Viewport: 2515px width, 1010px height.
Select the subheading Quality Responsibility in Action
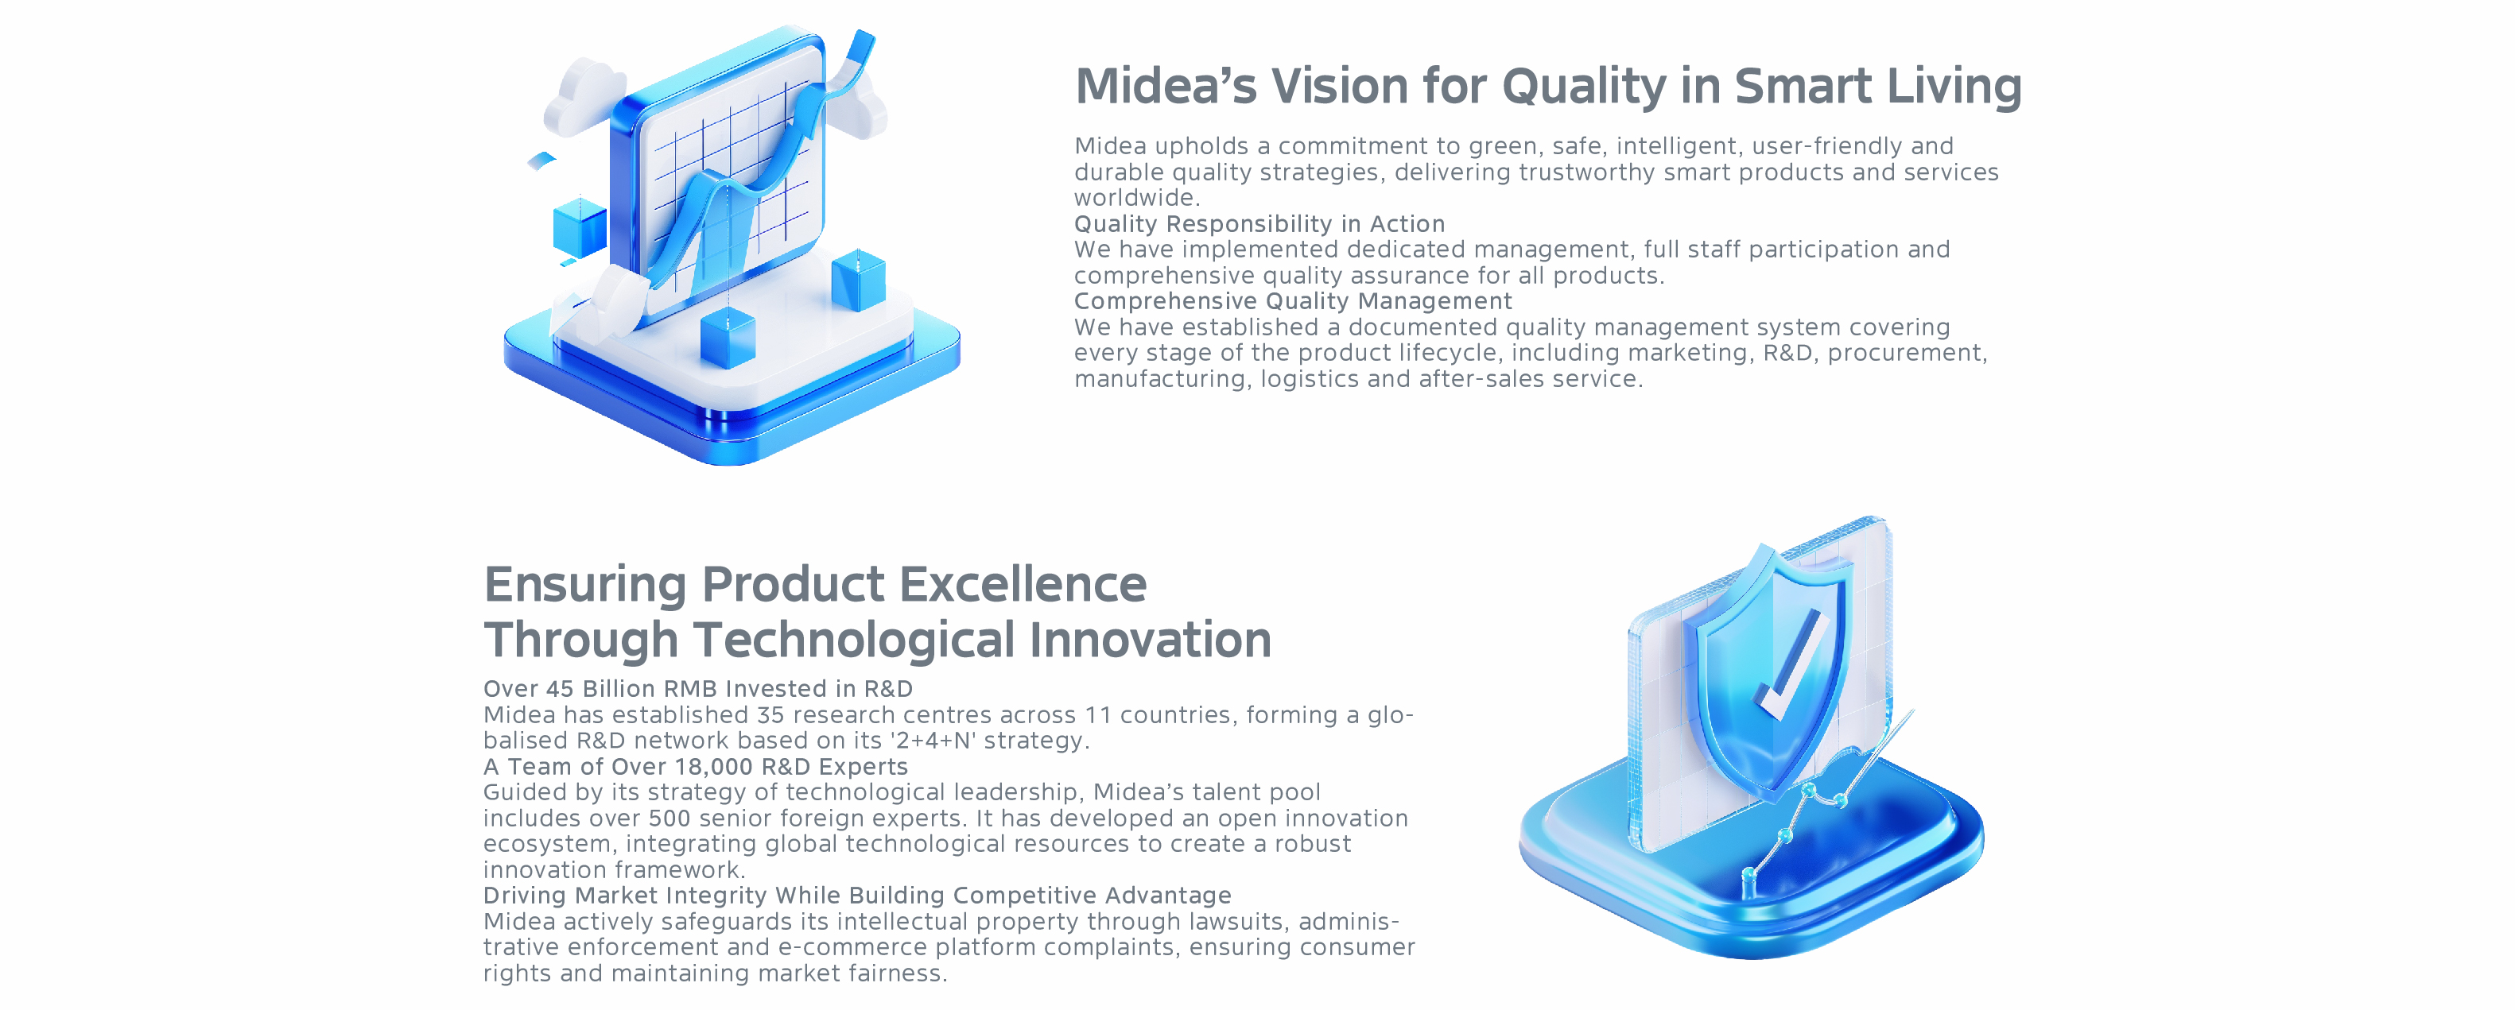pos(1259,224)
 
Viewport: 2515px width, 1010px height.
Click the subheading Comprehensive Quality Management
pos(1293,301)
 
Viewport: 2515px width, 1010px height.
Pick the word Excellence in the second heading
pos(1023,585)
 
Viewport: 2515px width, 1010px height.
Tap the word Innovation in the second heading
pos(1150,640)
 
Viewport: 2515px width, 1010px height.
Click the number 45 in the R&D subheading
pos(560,689)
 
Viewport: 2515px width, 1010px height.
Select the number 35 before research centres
pos(771,715)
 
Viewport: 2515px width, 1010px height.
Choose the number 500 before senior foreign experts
pos(669,818)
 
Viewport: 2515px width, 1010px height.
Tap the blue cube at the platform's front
pos(728,339)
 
